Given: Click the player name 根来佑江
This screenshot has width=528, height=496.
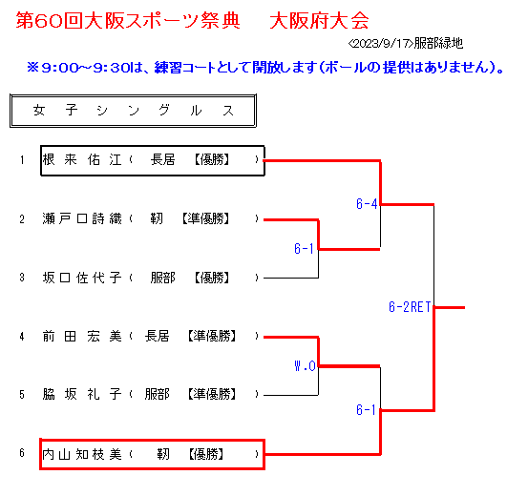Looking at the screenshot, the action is pyautogui.click(x=82, y=159).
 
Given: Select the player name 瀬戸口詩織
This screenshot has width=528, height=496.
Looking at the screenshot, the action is pyautogui.click(x=82, y=218).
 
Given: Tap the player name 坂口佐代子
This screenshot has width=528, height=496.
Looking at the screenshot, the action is pyautogui.click(x=82, y=278).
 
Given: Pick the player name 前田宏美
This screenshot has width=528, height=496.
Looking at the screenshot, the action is pyautogui.click(x=82, y=336).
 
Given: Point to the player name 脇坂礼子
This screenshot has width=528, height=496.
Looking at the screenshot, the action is pyautogui.click(x=82, y=394).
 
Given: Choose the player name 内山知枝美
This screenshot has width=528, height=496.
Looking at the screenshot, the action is pyautogui.click(x=82, y=454).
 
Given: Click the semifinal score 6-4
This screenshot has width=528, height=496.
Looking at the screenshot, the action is pyautogui.click(x=367, y=203).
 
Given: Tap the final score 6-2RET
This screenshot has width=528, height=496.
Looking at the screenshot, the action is pyautogui.click(x=410, y=307).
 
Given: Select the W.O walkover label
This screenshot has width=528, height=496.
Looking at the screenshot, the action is pyautogui.click(x=306, y=365).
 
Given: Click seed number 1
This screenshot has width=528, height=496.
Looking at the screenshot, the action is pyautogui.click(x=22, y=160).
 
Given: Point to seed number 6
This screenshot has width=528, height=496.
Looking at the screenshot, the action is pyautogui.click(x=22, y=453).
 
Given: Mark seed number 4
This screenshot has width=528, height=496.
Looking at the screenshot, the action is pyautogui.click(x=22, y=336).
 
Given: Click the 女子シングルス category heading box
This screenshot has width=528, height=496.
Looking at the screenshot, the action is pyautogui.click(x=133, y=111).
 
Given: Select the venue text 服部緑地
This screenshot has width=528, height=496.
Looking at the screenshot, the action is pyautogui.click(x=438, y=43).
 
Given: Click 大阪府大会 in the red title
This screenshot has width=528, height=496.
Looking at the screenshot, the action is pyautogui.click(x=319, y=21).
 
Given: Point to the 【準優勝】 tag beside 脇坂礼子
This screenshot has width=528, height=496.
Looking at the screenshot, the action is pyautogui.click(x=211, y=394).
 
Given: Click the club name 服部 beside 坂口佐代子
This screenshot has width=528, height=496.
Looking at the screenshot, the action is pyautogui.click(x=163, y=278).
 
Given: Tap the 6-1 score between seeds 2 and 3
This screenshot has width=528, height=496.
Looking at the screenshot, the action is pyautogui.click(x=304, y=249).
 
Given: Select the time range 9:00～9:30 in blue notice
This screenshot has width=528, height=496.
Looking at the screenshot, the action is pyautogui.click(x=85, y=68).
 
